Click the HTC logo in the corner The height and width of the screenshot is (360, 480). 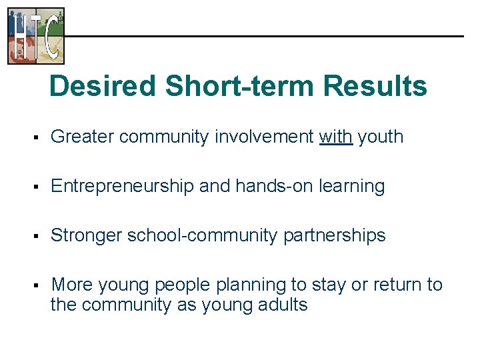point(36,36)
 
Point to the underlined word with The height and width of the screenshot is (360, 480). point(336,137)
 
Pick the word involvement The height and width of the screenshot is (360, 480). point(264,137)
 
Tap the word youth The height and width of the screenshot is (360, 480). point(381,137)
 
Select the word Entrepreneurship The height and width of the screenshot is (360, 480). point(123,187)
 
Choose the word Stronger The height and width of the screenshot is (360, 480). point(86,235)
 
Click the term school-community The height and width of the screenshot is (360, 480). point(203,236)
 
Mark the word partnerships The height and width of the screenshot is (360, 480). point(335,236)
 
